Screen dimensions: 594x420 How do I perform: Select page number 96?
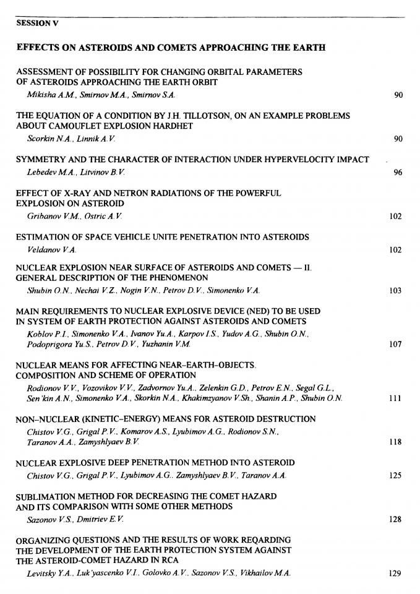(x=398, y=173)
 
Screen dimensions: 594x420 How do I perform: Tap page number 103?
(x=396, y=291)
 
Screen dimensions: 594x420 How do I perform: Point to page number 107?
(x=396, y=345)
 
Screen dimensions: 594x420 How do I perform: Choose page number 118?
(x=396, y=442)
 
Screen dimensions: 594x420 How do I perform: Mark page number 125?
(x=396, y=476)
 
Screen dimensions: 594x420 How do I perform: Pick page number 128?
(x=396, y=520)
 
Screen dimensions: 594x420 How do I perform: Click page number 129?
(x=396, y=574)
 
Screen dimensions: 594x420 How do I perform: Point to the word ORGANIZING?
(x=44, y=540)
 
